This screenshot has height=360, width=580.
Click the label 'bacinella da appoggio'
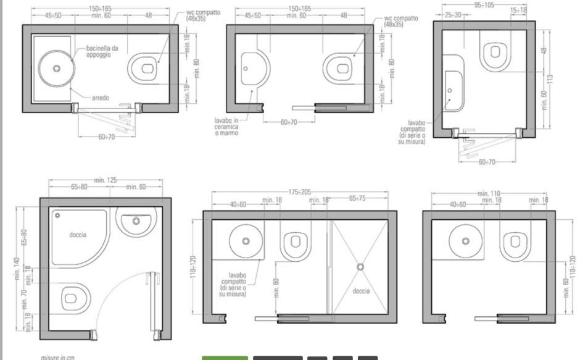click(x=102, y=51)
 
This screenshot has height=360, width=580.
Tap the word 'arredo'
click(x=100, y=98)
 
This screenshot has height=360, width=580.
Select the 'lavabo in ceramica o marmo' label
click(x=226, y=127)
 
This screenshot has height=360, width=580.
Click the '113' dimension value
click(x=550, y=79)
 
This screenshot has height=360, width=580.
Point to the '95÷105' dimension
click(x=484, y=5)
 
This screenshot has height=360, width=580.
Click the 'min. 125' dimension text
click(x=106, y=180)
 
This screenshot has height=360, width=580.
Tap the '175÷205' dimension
click(x=300, y=192)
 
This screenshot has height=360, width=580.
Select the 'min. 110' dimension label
click(x=489, y=193)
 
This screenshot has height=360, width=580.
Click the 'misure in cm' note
click(x=58, y=358)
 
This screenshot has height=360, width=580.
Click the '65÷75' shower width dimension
click(x=357, y=198)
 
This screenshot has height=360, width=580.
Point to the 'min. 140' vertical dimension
click(x=17, y=269)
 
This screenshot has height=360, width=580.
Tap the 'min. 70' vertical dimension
click(x=25, y=299)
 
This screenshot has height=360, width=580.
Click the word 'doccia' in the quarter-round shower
click(x=78, y=235)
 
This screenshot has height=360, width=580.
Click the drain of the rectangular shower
click(x=361, y=267)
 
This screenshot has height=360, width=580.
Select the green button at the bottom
click(x=225, y=358)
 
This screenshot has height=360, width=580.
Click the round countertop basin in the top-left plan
click(x=57, y=69)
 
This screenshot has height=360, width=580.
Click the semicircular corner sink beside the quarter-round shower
click(x=135, y=220)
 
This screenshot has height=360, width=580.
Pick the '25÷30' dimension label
click(x=453, y=15)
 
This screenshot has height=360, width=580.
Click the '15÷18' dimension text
click(x=518, y=10)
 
